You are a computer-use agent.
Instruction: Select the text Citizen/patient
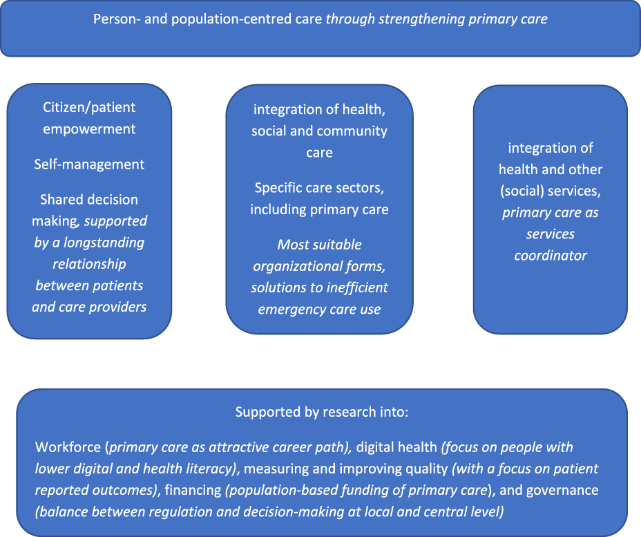(x=89, y=108)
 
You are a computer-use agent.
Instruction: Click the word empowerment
(x=89, y=129)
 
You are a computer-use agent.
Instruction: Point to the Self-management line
(x=89, y=164)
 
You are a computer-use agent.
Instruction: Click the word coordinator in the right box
(x=551, y=256)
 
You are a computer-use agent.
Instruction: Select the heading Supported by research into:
(x=322, y=413)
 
